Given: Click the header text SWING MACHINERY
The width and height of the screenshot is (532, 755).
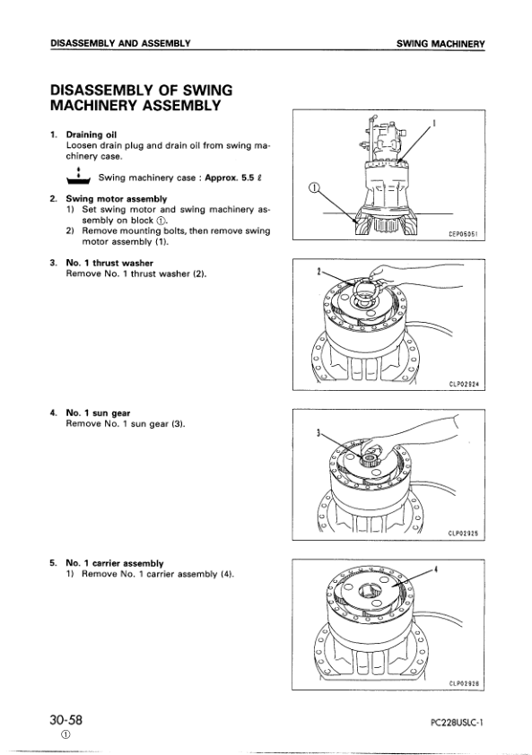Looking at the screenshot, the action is [x=440, y=44].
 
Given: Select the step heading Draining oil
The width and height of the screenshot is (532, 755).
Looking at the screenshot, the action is [x=92, y=135].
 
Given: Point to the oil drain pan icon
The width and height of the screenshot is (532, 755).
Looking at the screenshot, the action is [x=79, y=176].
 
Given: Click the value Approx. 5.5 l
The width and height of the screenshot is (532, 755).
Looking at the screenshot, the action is [x=233, y=178].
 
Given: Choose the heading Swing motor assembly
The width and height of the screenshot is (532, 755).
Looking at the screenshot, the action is [x=116, y=198].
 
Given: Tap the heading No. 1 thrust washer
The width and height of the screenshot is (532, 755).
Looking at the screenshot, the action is [x=109, y=263].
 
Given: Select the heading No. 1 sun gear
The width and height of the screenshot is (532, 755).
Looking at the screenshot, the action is [x=98, y=413].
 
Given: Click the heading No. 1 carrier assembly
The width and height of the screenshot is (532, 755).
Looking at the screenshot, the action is [x=115, y=563].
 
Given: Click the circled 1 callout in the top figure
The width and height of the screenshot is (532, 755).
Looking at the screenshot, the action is [x=314, y=188].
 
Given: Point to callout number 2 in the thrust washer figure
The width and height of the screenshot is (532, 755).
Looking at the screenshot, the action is [x=318, y=272].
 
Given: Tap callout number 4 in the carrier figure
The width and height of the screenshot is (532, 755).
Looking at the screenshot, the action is [x=435, y=569].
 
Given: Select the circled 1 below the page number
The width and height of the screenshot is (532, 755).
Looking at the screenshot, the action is [x=65, y=734].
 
